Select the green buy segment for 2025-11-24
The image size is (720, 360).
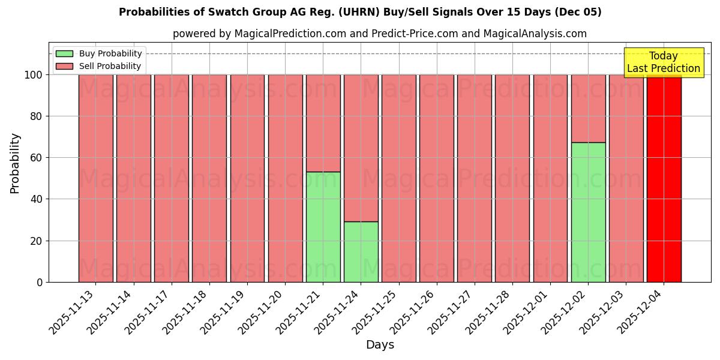(361, 252)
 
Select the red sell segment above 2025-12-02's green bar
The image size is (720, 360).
(588, 109)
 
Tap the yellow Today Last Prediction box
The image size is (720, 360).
(663, 62)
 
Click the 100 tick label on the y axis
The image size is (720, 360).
(34, 75)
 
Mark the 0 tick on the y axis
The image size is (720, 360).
(40, 282)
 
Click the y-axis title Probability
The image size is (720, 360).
(15, 163)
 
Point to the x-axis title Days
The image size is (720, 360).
(380, 345)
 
